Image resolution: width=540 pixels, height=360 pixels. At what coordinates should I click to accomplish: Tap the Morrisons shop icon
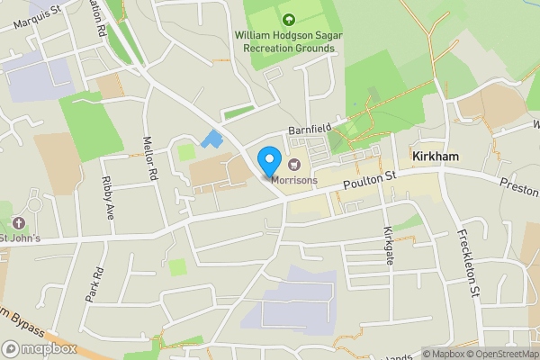click(293, 164)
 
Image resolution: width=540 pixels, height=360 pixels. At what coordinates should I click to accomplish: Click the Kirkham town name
click(436, 157)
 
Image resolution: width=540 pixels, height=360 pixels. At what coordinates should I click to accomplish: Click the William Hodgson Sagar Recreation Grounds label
click(285, 40)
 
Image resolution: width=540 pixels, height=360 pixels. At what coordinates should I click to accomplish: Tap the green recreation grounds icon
click(288, 19)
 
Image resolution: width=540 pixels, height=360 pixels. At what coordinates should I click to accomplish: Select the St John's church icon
click(18, 222)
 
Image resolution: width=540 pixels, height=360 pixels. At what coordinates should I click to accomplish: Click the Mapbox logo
click(40, 348)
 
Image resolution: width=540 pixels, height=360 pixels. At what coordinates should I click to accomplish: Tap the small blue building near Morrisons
click(213, 140)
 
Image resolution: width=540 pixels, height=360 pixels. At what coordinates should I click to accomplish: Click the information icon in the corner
click(415, 354)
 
